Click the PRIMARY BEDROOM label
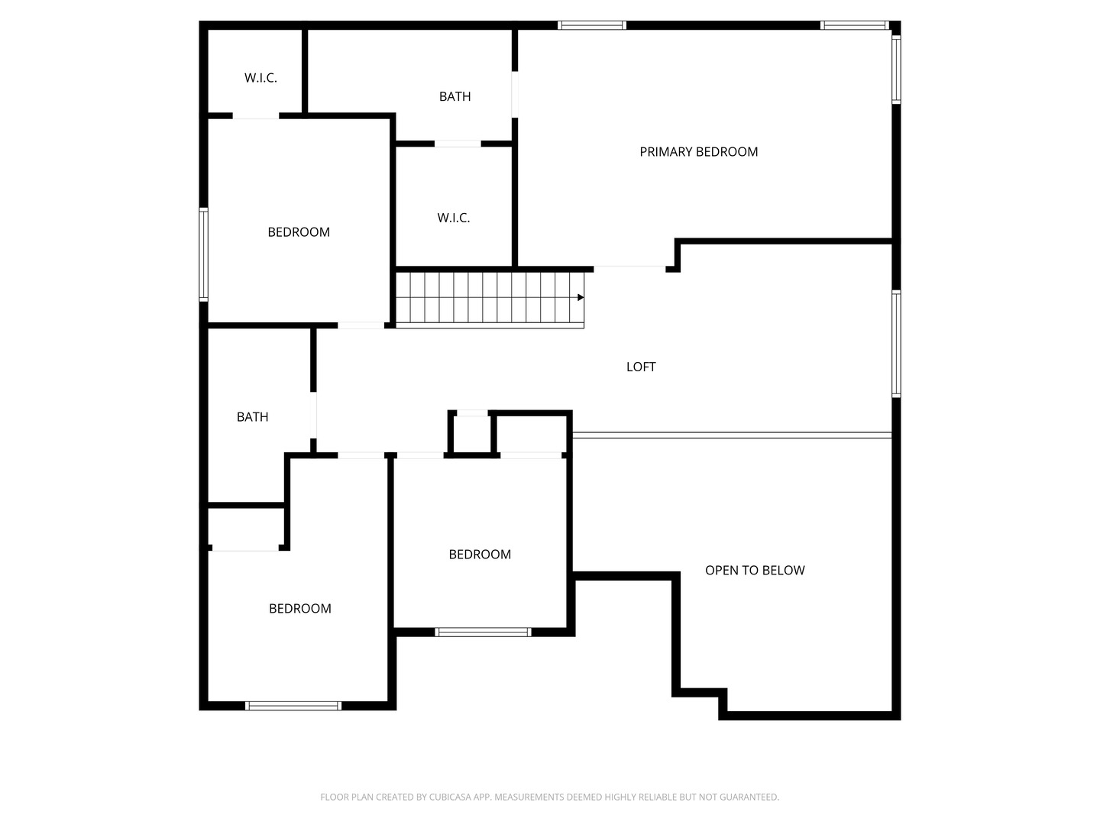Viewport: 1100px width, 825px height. pos(698,152)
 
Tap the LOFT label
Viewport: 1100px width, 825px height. pos(640,367)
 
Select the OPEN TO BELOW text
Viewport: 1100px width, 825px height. pos(754,570)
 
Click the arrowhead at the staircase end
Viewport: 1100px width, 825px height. pos(581,298)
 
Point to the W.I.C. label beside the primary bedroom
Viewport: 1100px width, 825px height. pos(453,218)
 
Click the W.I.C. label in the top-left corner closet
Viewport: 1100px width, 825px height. pos(260,78)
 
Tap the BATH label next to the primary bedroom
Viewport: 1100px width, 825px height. pos(455,96)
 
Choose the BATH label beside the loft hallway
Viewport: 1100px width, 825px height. pos(252,417)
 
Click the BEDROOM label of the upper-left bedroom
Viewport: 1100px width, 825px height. pos(298,232)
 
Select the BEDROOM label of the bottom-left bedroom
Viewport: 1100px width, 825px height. pos(299,608)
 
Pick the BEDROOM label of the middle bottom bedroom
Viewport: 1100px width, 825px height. pos(480,554)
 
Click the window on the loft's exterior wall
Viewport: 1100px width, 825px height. pos(896,344)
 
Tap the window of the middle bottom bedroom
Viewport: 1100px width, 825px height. pos(483,632)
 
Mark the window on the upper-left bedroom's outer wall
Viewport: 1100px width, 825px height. pos(203,254)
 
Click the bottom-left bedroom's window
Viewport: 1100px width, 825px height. pos(293,706)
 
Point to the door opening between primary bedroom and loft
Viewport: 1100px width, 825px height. pos(629,269)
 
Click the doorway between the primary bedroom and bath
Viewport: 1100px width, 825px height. pos(515,95)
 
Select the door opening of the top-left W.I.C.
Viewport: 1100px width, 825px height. pos(256,115)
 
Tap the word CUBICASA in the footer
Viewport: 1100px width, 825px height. pos(450,797)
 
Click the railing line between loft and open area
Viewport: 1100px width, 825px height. pos(732,435)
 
